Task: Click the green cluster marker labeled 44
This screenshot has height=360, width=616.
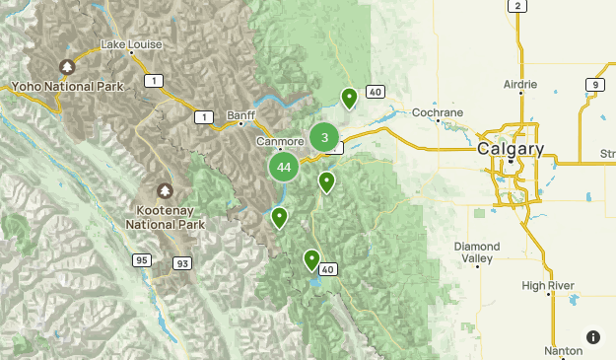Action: pos(284,167)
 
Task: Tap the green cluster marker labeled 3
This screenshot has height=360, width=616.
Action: pos(324,137)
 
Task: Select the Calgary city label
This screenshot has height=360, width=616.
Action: pos(510,149)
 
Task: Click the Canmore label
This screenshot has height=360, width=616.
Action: pos(280,142)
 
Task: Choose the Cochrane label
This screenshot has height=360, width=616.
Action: pos(437,112)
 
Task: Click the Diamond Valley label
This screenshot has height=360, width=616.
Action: pos(477,252)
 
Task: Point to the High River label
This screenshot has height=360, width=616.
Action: pos(548,286)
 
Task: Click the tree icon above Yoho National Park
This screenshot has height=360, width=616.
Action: pos(67,67)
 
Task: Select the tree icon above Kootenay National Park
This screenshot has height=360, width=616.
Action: pos(165,190)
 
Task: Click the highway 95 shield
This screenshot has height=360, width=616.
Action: pos(144,259)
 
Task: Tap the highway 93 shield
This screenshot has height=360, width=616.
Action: pos(181,264)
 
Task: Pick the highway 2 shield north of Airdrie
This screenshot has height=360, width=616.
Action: pos(516,6)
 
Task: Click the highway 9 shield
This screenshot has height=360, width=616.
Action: pos(594,85)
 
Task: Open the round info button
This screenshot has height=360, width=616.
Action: pos(592,337)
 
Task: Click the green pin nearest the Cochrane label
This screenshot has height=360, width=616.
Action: pos(349,97)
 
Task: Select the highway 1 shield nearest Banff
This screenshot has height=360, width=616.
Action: pos(203,117)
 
